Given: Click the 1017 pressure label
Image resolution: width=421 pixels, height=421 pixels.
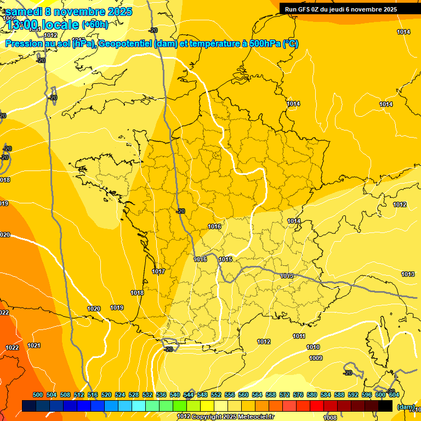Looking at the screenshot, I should coord(159,271).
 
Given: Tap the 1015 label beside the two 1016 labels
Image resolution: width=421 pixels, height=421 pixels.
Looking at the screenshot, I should coord(225,259).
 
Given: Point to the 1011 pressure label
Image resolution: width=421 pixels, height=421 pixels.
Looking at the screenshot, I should coord(299,336).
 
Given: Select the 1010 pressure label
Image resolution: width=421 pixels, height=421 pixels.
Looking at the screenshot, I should coord(313,347).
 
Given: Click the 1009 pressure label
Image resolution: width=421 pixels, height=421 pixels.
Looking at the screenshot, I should coord(316,358).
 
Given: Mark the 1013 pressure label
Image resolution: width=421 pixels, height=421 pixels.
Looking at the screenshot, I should coord(408,274).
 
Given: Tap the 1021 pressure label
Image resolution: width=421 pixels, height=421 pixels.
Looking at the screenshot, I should coord(34,345).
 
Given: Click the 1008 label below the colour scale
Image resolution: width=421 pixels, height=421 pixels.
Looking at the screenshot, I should coord(330,418).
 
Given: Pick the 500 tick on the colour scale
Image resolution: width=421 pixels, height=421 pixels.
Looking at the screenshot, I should coord(38,395).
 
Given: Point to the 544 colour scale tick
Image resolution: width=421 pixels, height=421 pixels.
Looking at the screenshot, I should coord(189,395).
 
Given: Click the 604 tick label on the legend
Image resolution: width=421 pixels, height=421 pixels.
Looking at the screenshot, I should coord(394,395).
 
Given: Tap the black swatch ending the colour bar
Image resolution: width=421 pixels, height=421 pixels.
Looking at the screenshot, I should coord(386,406).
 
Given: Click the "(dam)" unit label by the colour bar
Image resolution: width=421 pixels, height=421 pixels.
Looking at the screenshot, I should coord(406,407).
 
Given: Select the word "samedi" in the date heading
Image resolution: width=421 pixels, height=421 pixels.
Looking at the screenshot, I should coord(24,12).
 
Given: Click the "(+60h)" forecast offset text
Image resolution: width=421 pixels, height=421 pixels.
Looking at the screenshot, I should coord(95,25).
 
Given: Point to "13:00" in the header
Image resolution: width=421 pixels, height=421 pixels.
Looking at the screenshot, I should coord(23,25).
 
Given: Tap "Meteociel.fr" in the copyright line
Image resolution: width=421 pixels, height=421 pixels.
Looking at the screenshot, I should coord(255,417).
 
